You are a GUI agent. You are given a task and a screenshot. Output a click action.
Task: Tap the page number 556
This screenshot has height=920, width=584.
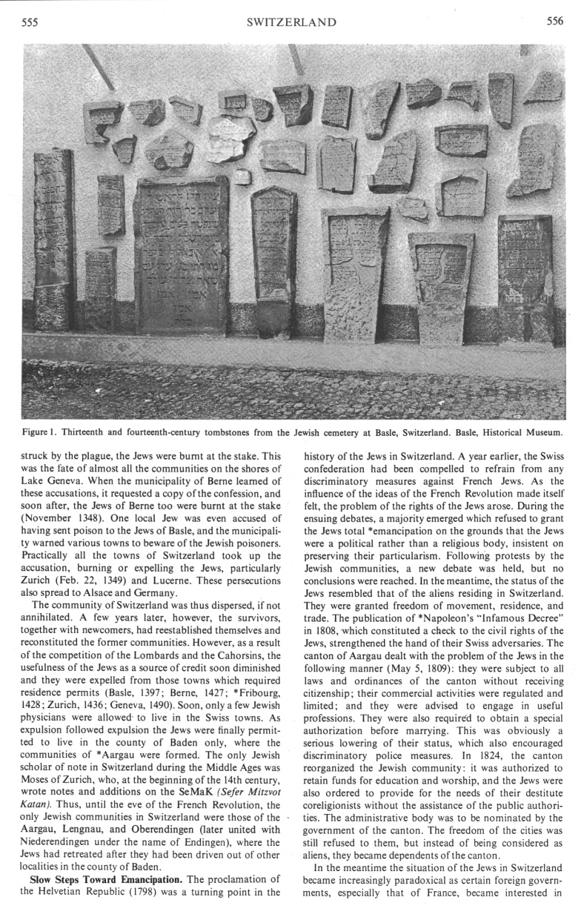pos(554,21)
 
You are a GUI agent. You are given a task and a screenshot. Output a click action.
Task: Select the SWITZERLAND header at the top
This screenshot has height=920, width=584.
pos(291,22)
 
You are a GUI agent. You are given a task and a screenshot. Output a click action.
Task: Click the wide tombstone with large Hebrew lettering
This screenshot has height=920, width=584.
pos(181,256)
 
